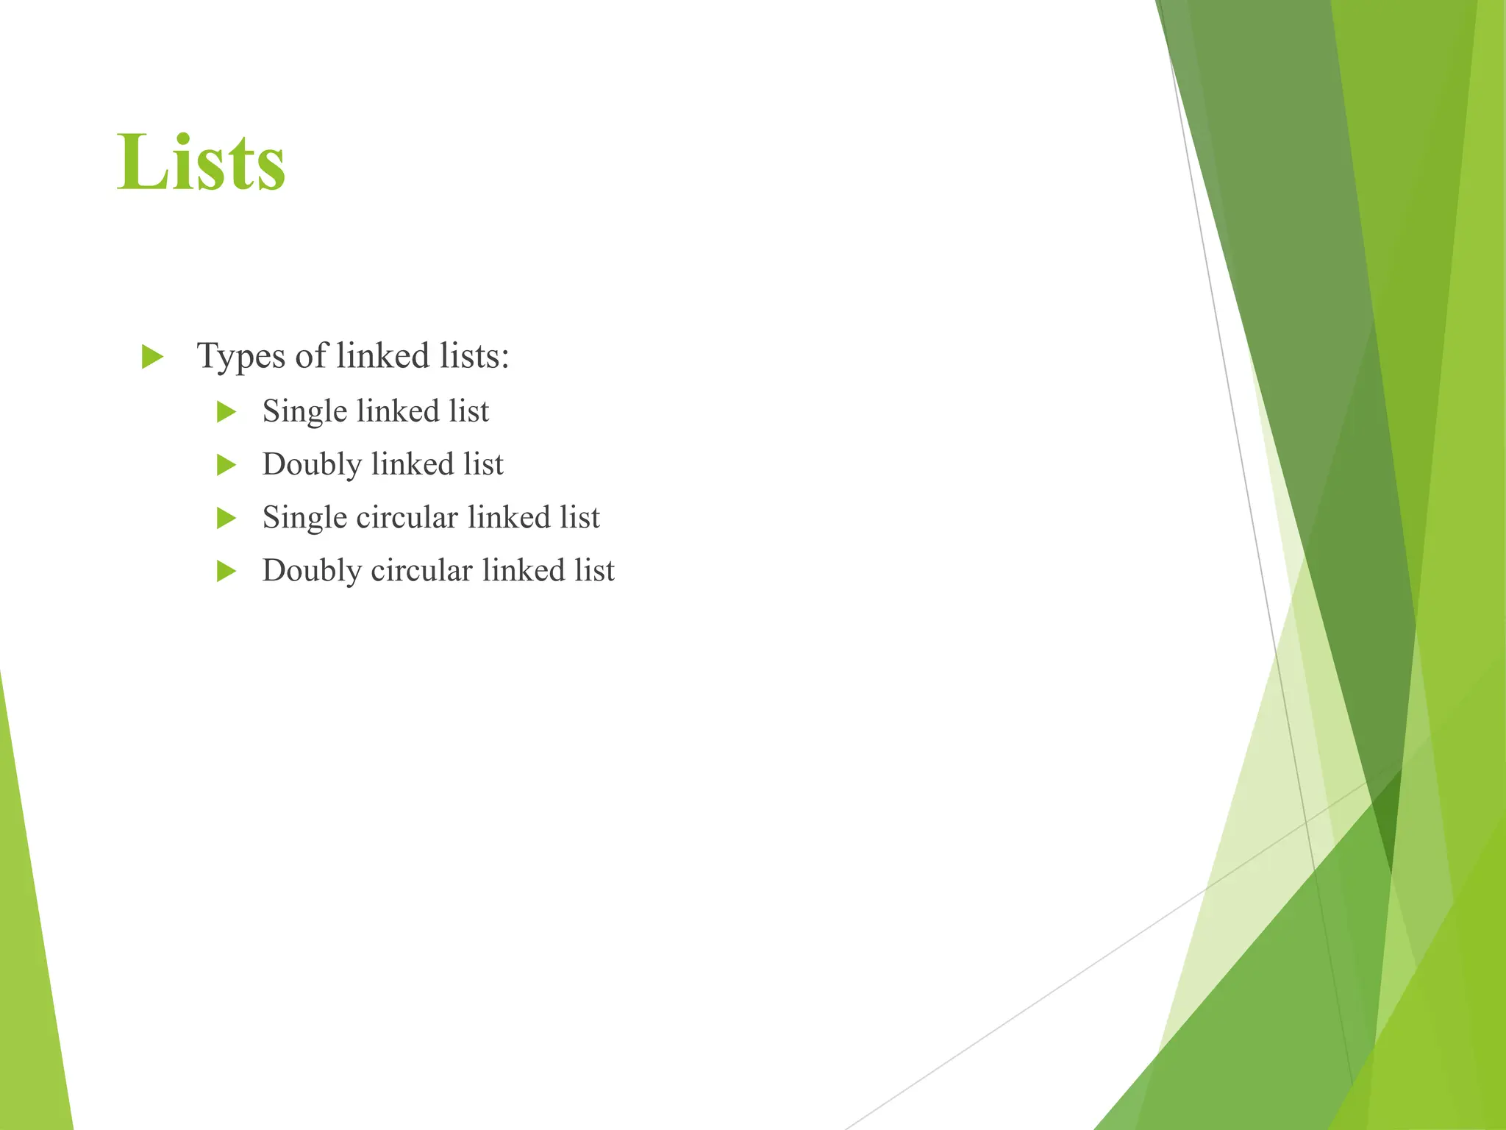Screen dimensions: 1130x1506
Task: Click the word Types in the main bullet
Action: (240, 357)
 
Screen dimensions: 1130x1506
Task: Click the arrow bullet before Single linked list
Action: (226, 412)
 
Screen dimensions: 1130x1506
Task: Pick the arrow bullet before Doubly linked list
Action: (226, 465)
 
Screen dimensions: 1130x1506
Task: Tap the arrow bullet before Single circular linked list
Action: (226, 518)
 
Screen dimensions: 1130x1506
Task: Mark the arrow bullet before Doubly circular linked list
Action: (226, 571)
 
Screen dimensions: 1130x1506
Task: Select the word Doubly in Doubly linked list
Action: (312, 465)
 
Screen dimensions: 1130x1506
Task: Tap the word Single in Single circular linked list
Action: (304, 518)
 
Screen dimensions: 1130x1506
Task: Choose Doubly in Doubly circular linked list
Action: (312, 571)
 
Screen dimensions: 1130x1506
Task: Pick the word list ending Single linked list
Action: (469, 411)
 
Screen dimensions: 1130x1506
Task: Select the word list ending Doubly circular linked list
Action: (594, 570)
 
